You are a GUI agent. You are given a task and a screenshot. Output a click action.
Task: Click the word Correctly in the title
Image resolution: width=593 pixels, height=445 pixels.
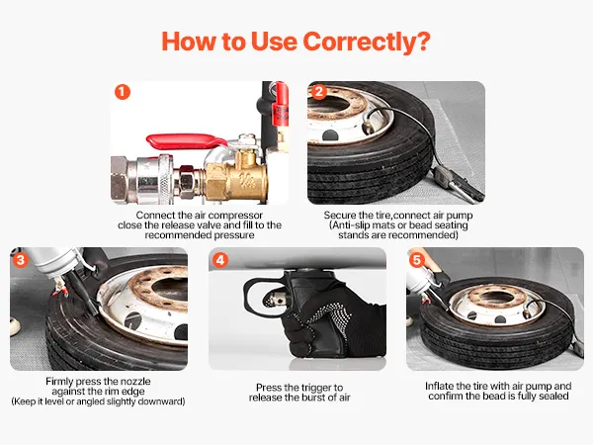click(x=367, y=42)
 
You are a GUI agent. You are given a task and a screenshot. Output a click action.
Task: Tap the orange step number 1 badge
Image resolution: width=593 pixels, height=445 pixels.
click(x=123, y=92)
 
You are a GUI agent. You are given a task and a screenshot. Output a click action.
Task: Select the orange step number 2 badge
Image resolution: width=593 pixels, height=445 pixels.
click(x=318, y=92)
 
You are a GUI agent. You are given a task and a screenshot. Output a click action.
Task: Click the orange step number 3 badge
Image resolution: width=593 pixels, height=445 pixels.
click(x=21, y=260)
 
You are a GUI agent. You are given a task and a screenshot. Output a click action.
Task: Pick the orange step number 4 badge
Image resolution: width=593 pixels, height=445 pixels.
click(x=220, y=260)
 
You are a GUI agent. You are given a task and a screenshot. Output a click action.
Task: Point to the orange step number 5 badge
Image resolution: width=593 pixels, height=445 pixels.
click(x=417, y=260)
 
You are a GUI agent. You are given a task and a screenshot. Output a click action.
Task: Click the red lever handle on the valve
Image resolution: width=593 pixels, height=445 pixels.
click(x=186, y=141)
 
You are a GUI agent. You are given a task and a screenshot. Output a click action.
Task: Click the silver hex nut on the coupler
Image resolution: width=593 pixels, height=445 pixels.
click(x=119, y=178)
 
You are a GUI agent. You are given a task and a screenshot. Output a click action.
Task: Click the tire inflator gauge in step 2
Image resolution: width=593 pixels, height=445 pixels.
click(x=458, y=183)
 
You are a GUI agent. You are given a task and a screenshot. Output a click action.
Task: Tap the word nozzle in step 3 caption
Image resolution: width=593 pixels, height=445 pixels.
click(x=135, y=381)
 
